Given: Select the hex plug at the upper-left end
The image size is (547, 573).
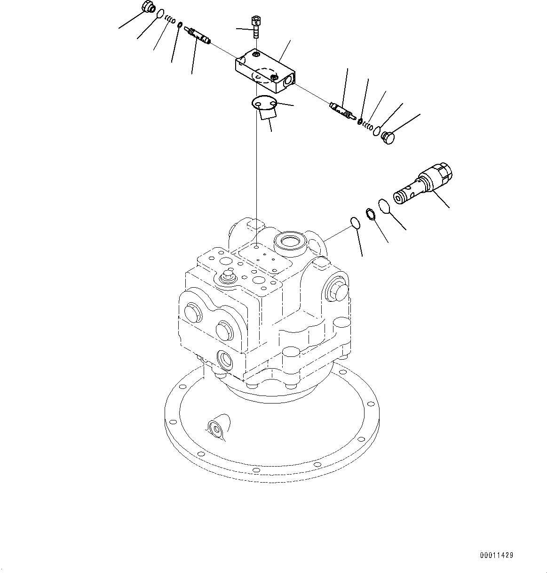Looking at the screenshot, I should tap(147, 8).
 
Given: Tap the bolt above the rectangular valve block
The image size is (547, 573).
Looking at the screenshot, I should tap(255, 26).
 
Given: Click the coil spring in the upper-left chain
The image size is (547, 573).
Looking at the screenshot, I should tap(170, 19).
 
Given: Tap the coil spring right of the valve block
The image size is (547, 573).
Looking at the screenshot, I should tap(368, 126).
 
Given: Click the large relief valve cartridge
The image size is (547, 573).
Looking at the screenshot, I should tap(423, 183).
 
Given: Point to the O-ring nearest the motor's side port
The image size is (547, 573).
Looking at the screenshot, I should tap(356, 223).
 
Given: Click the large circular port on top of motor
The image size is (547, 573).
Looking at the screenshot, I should tap(290, 243).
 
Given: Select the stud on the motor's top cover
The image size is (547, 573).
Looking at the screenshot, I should tap(229, 274).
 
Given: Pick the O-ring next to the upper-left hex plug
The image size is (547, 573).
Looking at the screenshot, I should tap(160, 14).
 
